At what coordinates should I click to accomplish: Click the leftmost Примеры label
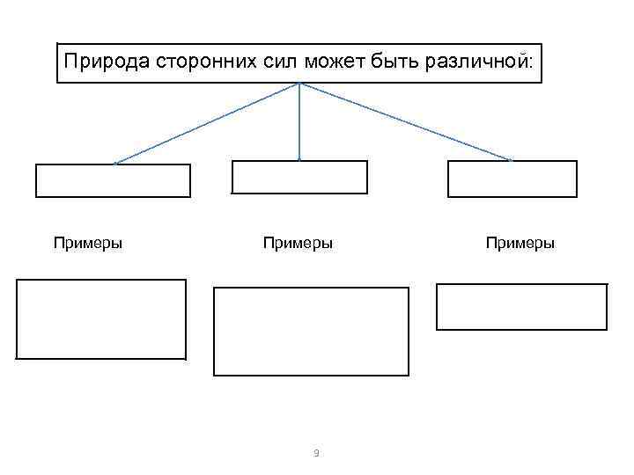pyautogui.click(x=87, y=243)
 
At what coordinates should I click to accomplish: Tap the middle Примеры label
pyautogui.click(x=298, y=243)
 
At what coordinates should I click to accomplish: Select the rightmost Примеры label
pyautogui.click(x=520, y=243)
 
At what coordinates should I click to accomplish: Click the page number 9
pyautogui.click(x=316, y=453)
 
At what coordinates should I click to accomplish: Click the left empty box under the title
pyautogui.click(x=113, y=180)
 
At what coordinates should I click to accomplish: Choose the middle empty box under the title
pyautogui.click(x=299, y=177)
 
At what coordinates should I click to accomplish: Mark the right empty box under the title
pyautogui.click(x=512, y=179)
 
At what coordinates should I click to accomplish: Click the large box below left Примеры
pyautogui.click(x=101, y=318)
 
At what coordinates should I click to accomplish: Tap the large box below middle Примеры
pyautogui.click(x=312, y=332)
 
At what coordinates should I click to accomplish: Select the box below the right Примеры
pyautogui.click(x=522, y=306)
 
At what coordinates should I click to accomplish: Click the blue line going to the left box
pyautogui.click(x=207, y=123)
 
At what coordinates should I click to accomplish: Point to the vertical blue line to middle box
pyautogui.click(x=299, y=123)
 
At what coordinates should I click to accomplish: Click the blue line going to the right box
pyautogui.click(x=405, y=122)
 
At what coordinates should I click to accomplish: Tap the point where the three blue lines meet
pyautogui.click(x=299, y=84)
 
